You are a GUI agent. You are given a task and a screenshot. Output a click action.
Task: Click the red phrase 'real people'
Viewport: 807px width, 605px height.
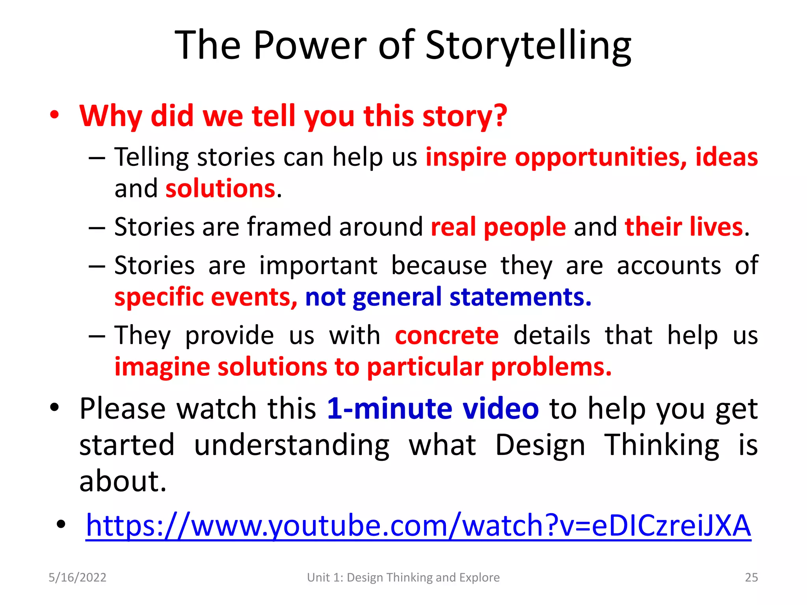(x=498, y=227)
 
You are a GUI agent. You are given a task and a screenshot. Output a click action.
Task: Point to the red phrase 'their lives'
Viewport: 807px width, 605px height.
(x=684, y=227)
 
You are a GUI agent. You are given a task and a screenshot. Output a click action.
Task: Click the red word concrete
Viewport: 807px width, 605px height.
(x=446, y=336)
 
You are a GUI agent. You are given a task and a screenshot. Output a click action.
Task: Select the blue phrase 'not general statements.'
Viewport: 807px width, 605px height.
(x=448, y=297)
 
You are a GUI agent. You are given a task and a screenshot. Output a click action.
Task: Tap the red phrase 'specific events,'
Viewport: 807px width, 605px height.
(x=206, y=297)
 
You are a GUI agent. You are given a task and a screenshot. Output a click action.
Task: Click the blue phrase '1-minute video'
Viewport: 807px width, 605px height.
(x=433, y=408)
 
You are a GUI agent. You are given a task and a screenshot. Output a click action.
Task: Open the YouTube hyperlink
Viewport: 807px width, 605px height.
(x=418, y=525)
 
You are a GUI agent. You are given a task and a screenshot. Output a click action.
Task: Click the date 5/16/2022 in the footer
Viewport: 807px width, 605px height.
(x=77, y=577)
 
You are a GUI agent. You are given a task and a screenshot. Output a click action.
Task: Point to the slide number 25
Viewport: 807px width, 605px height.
(x=751, y=577)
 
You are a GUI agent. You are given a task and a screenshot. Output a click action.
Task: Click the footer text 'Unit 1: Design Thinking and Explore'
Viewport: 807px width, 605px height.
(x=403, y=577)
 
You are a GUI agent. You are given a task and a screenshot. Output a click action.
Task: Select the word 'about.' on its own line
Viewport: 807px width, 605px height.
(x=123, y=481)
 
